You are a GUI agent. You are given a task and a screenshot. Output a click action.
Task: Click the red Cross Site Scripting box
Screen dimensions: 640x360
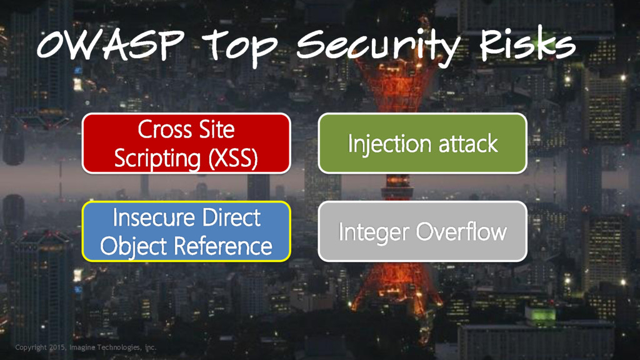pos(186,143)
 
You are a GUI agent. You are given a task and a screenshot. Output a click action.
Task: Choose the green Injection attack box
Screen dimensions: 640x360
pos(422,143)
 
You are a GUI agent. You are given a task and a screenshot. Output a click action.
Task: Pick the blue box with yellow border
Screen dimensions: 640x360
pos(186,231)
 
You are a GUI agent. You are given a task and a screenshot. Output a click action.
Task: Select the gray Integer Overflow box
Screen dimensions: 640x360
pos(422,231)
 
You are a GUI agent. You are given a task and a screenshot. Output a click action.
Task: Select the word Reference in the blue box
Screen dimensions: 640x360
pos(230,246)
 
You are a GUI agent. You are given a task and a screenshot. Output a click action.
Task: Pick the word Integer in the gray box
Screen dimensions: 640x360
pos(374,232)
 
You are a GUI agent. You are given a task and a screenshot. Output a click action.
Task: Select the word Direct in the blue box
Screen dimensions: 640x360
pos(232,218)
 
